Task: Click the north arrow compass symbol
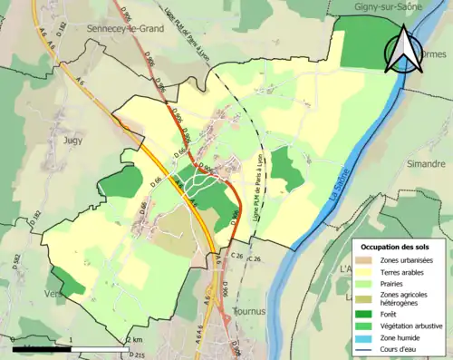(403, 50)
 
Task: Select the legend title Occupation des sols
(397, 246)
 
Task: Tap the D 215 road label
(137, 355)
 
